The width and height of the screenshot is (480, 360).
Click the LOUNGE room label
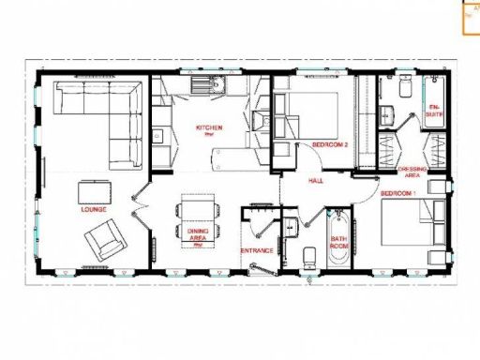pyautogui.click(x=93, y=209)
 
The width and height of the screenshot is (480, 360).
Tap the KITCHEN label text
pyautogui.click(x=208, y=127)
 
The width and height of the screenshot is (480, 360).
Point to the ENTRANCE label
pyautogui.click(x=256, y=250)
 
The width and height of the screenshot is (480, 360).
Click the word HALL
pyautogui.click(x=316, y=180)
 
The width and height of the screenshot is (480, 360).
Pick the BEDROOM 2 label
pyautogui.click(x=330, y=145)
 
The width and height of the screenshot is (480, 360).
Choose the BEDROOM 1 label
pyautogui.click(x=398, y=192)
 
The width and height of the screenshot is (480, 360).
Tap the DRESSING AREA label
pyautogui.click(x=412, y=172)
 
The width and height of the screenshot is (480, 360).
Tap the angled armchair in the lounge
pyautogui.click(x=105, y=240)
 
